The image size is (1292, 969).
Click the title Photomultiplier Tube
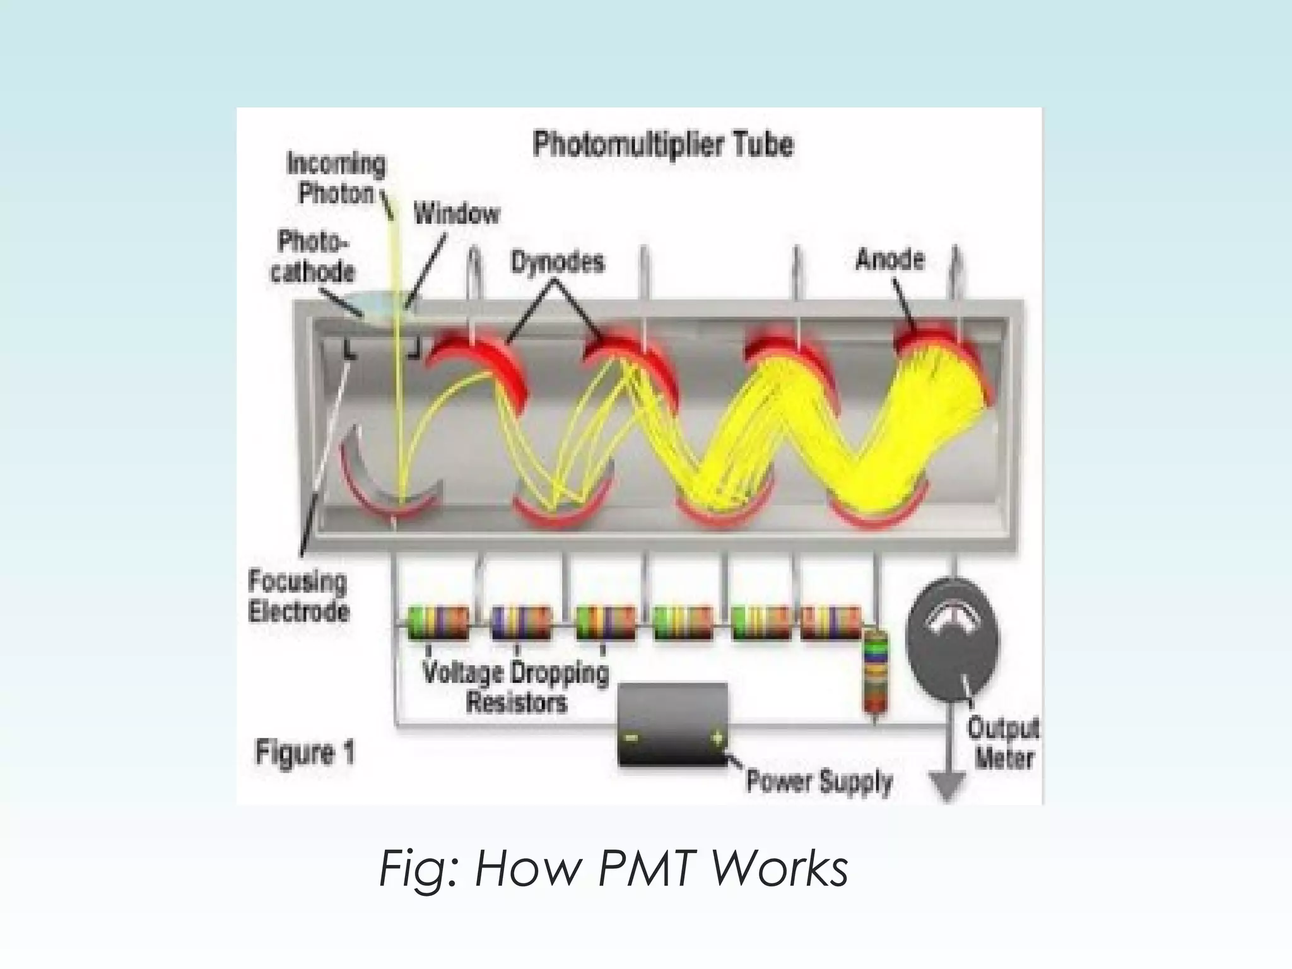pyautogui.click(x=663, y=144)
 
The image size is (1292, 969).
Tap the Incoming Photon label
pyautogui.click(x=336, y=179)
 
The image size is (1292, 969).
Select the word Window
pyautogui.click(x=457, y=214)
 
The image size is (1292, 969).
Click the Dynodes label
pyautogui.click(x=557, y=262)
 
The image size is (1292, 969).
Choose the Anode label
pyautogui.click(x=890, y=259)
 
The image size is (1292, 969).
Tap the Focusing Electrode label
pyautogui.click(x=298, y=596)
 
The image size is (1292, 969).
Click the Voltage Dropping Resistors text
pyautogui.click(x=516, y=687)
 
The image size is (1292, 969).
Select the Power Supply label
pyautogui.click(x=819, y=781)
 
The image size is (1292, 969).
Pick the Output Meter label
pyautogui.click(x=1003, y=743)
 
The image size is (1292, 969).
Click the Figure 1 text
pyautogui.click(x=305, y=753)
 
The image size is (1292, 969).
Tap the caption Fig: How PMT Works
pyautogui.click(x=613, y=869)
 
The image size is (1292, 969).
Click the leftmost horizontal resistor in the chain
pyautogui.click(x=437, y=623)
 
